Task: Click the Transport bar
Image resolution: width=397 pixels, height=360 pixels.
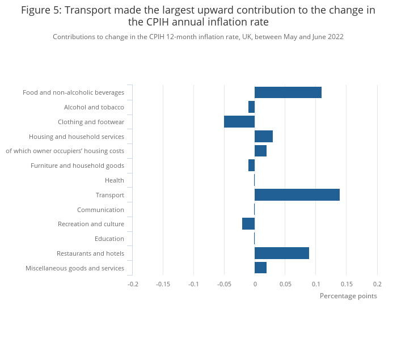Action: tap(297, 195)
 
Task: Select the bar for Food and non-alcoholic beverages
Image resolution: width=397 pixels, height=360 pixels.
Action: tap(288, 92)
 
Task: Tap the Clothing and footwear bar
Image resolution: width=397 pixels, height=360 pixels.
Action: tap(239, 122)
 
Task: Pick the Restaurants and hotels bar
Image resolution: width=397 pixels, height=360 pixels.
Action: tap(281, 253)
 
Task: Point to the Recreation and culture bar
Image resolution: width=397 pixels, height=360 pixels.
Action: tap(248, 224)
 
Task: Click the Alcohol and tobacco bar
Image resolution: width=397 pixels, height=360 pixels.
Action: tap(251, 107)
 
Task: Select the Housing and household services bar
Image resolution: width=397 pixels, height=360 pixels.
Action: tap(263, 137)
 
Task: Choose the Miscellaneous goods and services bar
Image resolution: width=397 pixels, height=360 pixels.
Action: tap(260, 268)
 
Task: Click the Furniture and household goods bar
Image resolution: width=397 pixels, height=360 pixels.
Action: tap(251, 166)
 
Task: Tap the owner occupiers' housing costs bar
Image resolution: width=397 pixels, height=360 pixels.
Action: tap(260, 151)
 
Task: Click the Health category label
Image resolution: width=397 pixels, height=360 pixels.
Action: tap(114, 180)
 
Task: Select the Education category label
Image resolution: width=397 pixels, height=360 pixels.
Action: tap(109, 239)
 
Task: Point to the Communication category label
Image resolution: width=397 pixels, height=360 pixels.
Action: tap(100, 210)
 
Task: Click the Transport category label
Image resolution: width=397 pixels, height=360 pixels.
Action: tap(109, 195)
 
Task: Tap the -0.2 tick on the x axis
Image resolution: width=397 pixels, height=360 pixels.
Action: tap(133, 284)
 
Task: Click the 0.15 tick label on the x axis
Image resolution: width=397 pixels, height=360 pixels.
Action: tap(347, 284)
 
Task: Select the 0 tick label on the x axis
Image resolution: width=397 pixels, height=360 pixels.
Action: tap(255, 284)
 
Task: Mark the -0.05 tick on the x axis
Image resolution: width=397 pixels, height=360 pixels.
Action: tap(224, 284)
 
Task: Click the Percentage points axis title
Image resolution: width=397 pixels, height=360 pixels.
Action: tap(348, 296)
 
